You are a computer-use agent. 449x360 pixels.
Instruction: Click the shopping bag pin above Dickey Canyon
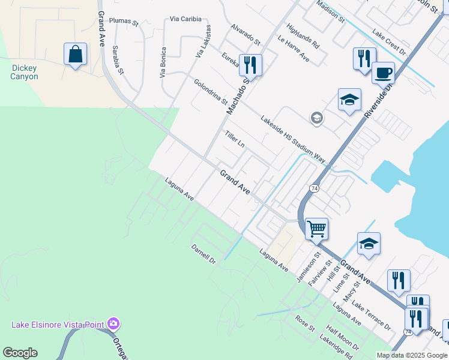tap(76, 55)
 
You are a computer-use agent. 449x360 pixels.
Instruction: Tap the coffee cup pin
tap(383, 73)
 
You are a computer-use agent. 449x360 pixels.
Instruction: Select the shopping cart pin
tap(316, 229)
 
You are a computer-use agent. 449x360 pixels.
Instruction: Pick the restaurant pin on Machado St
tap(250, 64)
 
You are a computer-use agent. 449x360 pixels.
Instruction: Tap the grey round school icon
tap(316, 118)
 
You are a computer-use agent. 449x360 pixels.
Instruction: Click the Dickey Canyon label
tap(25, 72)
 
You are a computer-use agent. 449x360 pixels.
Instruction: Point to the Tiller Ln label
tap(235, 140)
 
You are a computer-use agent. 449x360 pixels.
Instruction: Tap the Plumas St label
tap(124, 22)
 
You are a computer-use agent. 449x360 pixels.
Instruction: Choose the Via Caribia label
tap(184, 19)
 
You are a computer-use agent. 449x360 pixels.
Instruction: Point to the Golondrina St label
tap(211, 91)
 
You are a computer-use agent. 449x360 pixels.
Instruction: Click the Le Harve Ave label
tap(293, 49)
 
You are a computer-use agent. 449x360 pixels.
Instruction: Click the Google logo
tap(20, 353)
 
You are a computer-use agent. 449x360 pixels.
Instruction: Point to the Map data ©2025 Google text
tap(412, 355)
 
